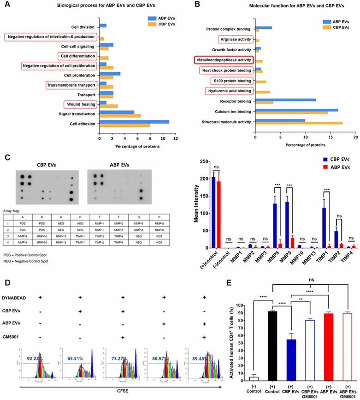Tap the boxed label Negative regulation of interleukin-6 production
(x=51, y=36)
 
